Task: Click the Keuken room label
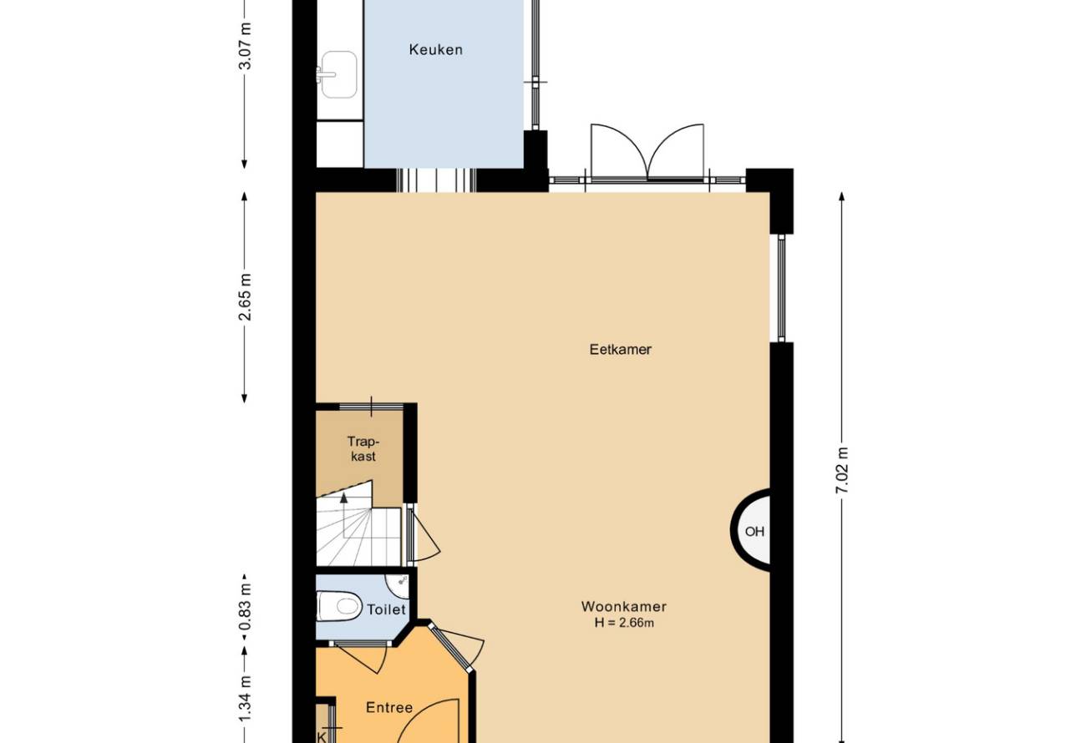coord(435,49)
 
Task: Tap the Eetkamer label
coord(620,350)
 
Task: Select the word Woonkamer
coord(623,606)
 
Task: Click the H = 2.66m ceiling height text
coord(624,623)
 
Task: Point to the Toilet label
coord(386,609)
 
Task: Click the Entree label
coord(389,707)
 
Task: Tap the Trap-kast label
coord(363,449)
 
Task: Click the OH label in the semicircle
coord(754,532)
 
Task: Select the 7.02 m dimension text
coord(842,470)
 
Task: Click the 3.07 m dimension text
coord(246,46)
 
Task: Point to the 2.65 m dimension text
coord(246,297)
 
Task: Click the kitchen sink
coord(338,74)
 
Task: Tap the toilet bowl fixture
coord(339,605)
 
